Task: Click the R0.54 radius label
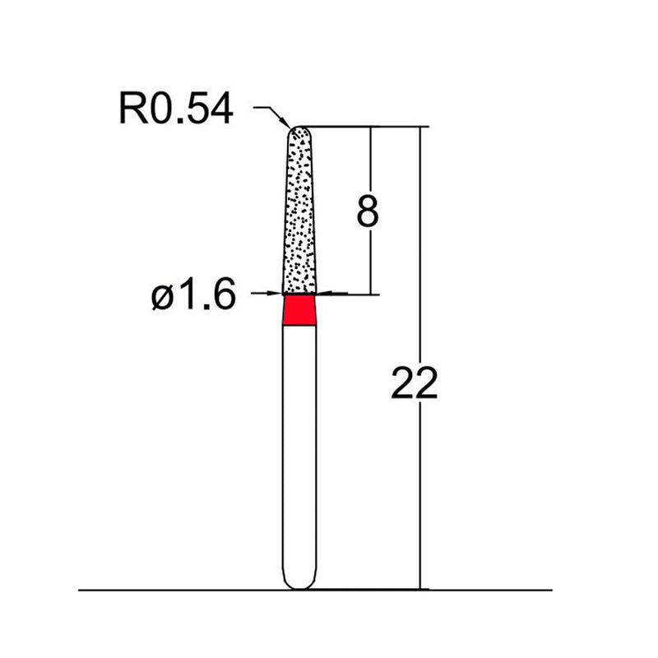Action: (176, 109)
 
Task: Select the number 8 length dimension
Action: (367, 212)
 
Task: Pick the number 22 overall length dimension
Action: (414, 383)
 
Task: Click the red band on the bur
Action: (299, 310)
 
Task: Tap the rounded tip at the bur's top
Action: (300, 131)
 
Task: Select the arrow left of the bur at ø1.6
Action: (276, 292)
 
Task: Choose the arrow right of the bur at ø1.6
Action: (324, 292)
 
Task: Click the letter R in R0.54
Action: (132, 109)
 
